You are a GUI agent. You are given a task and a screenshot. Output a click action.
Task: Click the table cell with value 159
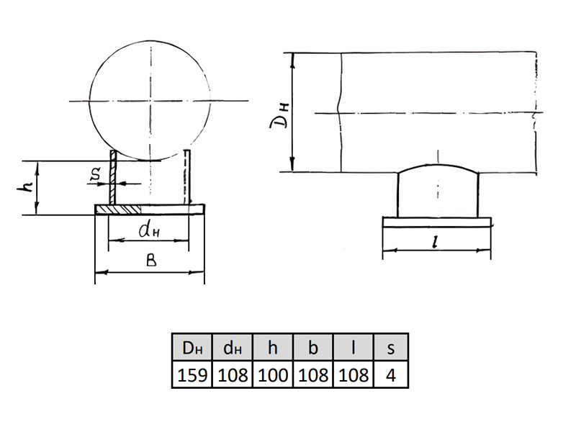coord(192,374)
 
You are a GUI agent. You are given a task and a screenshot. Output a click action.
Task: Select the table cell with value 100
coord(273,374)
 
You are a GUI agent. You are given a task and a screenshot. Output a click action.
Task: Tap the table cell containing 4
coord(391,374)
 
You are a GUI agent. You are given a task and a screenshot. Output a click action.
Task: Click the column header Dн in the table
coord(192,347)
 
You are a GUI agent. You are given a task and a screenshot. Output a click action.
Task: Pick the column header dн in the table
coord(233,347)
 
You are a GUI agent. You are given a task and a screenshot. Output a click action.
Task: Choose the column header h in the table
coord(273,347)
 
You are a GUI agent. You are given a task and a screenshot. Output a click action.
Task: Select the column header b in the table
coord(313,347)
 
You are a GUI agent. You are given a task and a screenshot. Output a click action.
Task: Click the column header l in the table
coord(354,347)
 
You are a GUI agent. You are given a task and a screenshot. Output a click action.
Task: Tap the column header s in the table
coord(391,347)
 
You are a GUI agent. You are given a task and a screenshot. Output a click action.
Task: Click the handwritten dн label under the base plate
coord(149,230)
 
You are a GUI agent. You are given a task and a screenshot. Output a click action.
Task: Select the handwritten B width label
coord(151,260)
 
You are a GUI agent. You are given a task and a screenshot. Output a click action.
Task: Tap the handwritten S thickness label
coord(96,175)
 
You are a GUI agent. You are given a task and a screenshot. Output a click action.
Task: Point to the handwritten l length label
coord(436,241)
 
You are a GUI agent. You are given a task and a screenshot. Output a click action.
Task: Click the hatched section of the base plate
coord(118,210)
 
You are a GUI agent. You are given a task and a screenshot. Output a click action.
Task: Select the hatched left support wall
coord(113,177)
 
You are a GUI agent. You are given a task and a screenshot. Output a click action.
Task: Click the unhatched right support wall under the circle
coord(187,176)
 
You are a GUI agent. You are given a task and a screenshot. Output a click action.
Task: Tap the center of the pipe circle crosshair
coord(150,101)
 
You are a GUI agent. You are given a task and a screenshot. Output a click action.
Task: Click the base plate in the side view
coord(436,222)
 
